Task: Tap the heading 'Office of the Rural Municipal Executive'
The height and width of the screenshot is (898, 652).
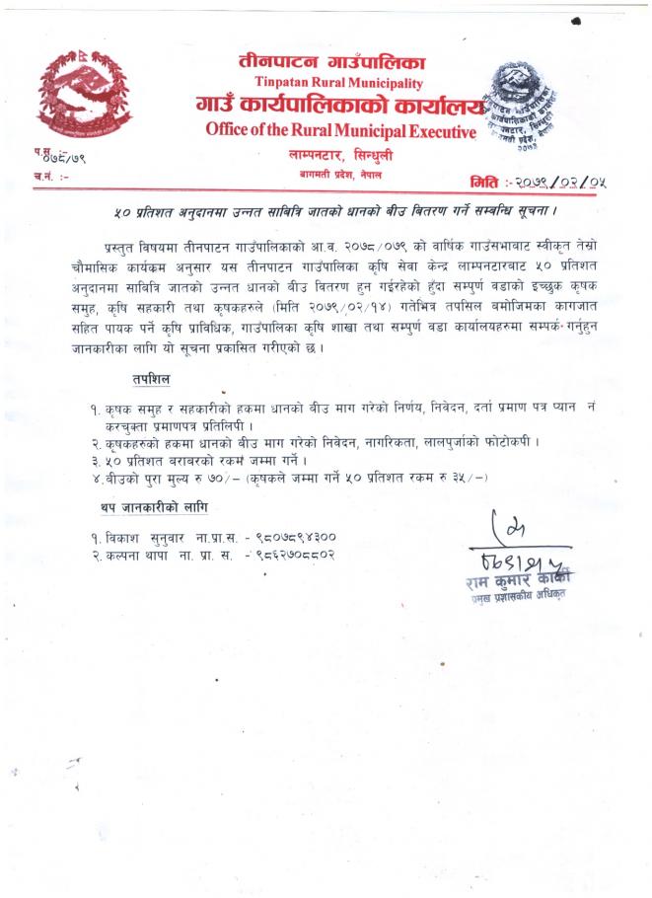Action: click(341, 129)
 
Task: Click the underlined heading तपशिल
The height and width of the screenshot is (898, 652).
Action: click(150, 379)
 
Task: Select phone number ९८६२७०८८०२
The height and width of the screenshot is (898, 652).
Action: click(294, 555)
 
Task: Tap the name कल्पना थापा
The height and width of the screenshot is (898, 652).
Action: click(139, 555)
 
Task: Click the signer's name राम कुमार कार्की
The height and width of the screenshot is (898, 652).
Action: click(520, 581)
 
